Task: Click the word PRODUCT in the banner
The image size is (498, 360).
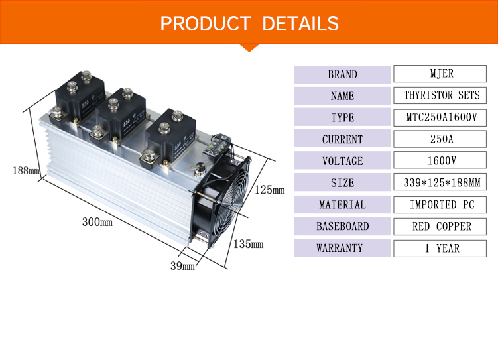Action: pyautogui.click(x=206, y=23)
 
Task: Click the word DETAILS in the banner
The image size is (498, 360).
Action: pyautogui.click(x=300, y=23)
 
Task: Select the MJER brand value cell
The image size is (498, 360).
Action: pyautogui.click(x=440, y=74)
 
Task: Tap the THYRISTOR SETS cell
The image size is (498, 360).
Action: pyautogui.click(x=440, y=95)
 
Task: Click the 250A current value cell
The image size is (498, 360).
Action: pyautogui.click(x=440, y=139)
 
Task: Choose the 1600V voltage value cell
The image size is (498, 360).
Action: pyautogui.click(x=440, y=160)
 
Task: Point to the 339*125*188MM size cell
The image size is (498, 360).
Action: pyautogui.click(x=440, y=182)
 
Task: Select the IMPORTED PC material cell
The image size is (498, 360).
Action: pyautogui.click(x=440, y=204)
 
